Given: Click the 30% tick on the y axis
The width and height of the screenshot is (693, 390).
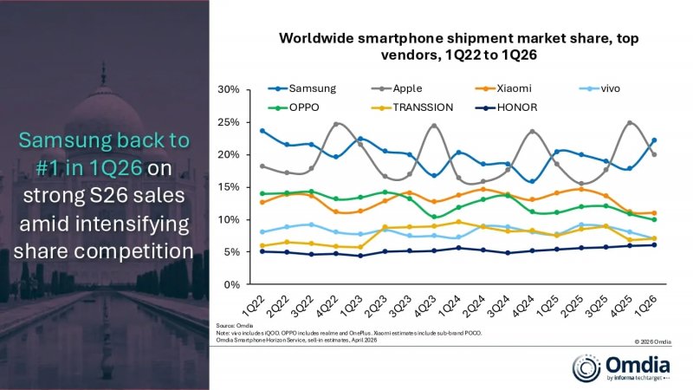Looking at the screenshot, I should pos(227,89).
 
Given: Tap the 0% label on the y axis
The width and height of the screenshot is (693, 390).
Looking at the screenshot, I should pos(230,284).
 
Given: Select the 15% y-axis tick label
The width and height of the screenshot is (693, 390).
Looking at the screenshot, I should pos(227,187).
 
